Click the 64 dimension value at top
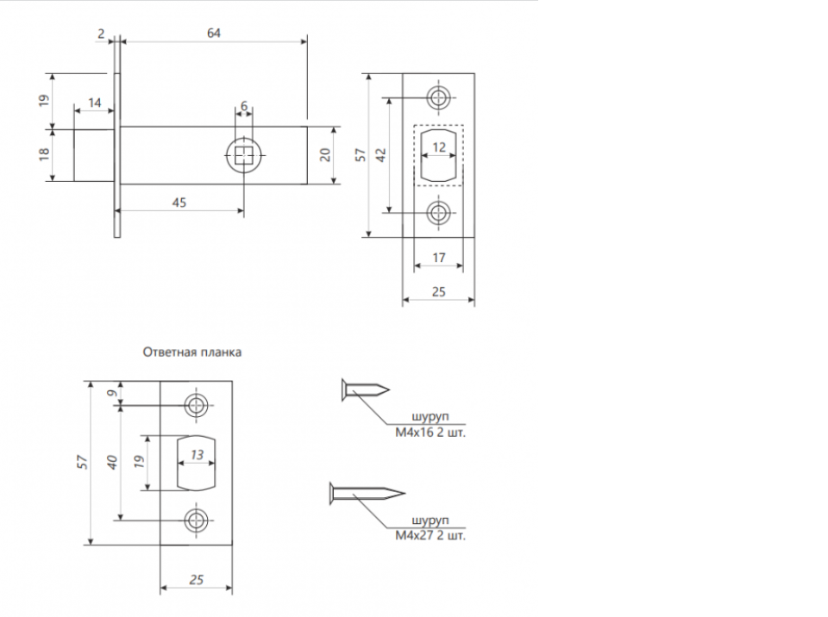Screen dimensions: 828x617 tap(213, 34)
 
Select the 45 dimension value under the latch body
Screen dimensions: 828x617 tap(179, 203)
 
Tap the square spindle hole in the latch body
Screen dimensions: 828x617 tap(243, 155)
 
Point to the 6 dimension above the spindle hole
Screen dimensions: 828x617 tap(244, 107)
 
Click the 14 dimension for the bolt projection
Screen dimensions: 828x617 tap(95, 103)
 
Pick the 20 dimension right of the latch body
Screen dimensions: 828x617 tap(325, 154)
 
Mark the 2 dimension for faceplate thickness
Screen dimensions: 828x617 tap(101, 34)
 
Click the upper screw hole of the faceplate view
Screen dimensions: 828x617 tap(438, 97)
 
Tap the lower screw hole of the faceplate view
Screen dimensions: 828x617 tap(438, 213)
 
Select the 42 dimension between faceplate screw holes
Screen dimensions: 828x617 tap(380, 155)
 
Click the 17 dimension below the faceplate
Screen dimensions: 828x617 tap(439, 258)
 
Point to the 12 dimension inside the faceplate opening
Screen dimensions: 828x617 tap(439, 147)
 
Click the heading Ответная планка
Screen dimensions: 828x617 tap(192, 352)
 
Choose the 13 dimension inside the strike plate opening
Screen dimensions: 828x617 tap(197, 454)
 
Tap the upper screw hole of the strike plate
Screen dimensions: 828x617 tap(197, 406)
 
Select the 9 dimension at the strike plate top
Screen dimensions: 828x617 tap(112, 393)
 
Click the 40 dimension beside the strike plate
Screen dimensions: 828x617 tap(112, 463)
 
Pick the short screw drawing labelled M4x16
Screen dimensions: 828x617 tap(366, 390)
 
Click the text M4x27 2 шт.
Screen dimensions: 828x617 tap(430, 536)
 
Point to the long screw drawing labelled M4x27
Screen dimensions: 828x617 tap(367, 494)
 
